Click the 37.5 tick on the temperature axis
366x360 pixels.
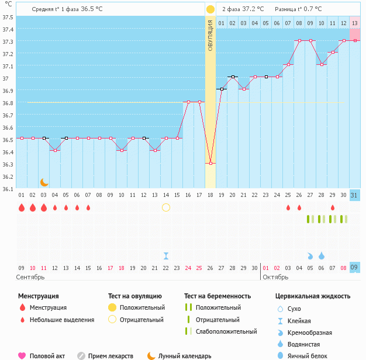pyautogui.click(x=8, y=17)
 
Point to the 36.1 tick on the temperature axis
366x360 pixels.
pyautogui.click(x=8, y=189)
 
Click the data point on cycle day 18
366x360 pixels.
pyautogui.click(x=210, y=164)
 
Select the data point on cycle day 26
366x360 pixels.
pyautogui.click(x=299, y=41)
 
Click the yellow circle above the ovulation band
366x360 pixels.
pyautogui.click(x=210, y=9)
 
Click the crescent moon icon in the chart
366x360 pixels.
pyautogui.click(x=44, y=182)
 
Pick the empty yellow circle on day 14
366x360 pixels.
pyautogui.click(x=166, y=207)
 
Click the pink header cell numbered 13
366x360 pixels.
pyautogui.click(x=355, y=23)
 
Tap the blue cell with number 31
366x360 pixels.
pyautogui.click(x=355, y=195)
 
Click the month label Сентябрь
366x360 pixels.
pyautogui.click(x=30, y=276)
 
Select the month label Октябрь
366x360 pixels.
pyautogui.click(x=276, y=276)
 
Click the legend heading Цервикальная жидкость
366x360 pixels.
pyautogui.click(x=313, y=296)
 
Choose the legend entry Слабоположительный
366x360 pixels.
pyautogui.click(x=226, y=331)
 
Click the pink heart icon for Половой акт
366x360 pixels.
pyautogui.click(x=22, y=355)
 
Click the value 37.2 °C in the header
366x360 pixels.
pyautogui.click(x=253, y=9)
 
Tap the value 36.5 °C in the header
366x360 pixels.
pyautogui.click(x=91, y=9)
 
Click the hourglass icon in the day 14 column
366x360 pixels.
pyautogui.click(x=166, y=255)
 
